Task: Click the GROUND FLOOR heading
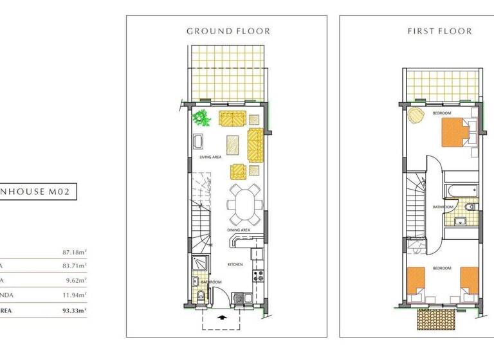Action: pos(228,31)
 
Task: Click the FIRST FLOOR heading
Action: pos(440,31)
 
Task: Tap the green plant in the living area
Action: pos(203,119)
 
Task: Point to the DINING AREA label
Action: pos(238,230)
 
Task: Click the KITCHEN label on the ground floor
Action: pos(234,264)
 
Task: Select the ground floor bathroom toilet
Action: pos(201,296)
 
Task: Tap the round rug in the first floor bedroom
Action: pos(416,118)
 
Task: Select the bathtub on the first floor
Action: pos(461,190)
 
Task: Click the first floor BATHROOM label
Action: pos(443,207)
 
